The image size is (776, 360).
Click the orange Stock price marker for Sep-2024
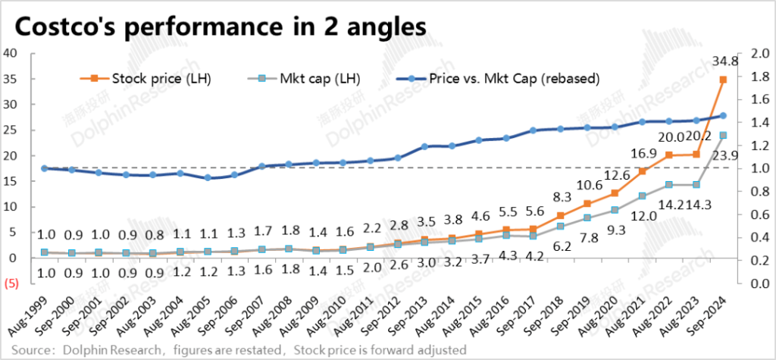tap(723, 80)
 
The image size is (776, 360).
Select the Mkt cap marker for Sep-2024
tap(723, 136)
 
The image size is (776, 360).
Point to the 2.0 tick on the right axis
tap(756, 53)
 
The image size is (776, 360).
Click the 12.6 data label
tap(593, 177)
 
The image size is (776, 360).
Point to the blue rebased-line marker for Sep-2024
tap(723, 116)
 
